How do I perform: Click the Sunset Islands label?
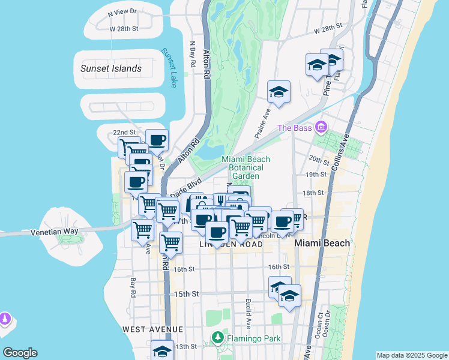click(111, 68)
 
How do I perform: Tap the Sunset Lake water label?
click(169, 68)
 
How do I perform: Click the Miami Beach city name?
click(322, 243)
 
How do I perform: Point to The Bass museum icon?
click(321, 127)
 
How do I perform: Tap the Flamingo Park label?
click(254, 338)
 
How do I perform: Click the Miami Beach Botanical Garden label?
click(246, 167)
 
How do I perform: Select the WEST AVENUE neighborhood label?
click(152, 329)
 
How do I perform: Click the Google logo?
click(20, 353)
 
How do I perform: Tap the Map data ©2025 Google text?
click(411, 355)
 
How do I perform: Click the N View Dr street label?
click(122, 11)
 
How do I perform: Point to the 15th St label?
click(186, 294)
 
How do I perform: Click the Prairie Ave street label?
click(261, 123)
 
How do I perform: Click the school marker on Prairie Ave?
click(279, 92)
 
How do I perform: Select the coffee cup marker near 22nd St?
click(157, 140)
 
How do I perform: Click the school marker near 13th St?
click(162, 352)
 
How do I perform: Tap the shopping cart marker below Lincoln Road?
click(171, 243)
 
